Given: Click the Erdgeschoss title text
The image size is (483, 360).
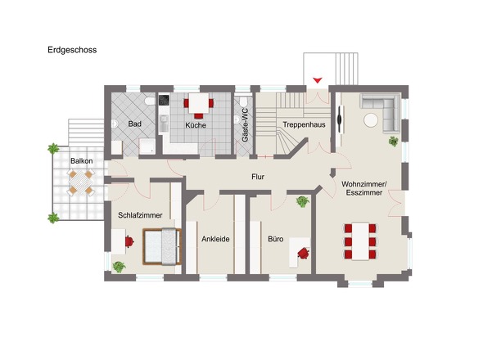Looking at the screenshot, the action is [72, 50].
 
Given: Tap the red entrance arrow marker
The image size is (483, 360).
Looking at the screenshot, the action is [318, 80].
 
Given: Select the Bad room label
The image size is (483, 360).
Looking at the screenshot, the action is [134, 124].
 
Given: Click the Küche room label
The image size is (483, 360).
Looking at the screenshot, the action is [196, 125].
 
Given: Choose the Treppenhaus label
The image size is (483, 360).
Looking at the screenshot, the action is [304, 124].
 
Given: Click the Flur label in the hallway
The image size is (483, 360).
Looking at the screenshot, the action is [258, 177].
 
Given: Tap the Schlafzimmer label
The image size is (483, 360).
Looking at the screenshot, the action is [140, 215].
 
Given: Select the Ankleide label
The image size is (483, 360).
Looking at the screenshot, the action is [215, 239].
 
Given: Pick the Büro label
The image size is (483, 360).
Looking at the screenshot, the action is [276, 239].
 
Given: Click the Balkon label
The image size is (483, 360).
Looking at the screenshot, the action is [82, 160].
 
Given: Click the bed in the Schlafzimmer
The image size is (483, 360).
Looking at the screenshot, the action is [162, 246].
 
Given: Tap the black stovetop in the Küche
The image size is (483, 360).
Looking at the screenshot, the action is [164, 100].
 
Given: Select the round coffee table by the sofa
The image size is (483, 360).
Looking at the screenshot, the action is [371, 120].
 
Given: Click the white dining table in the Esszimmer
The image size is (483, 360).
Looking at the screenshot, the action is [360, 241].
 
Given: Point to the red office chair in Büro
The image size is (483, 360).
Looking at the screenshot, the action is [304, 253].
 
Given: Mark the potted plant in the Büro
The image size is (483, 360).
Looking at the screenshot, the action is [303, 202].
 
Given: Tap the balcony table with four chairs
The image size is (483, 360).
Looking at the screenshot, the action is [81, 182].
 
